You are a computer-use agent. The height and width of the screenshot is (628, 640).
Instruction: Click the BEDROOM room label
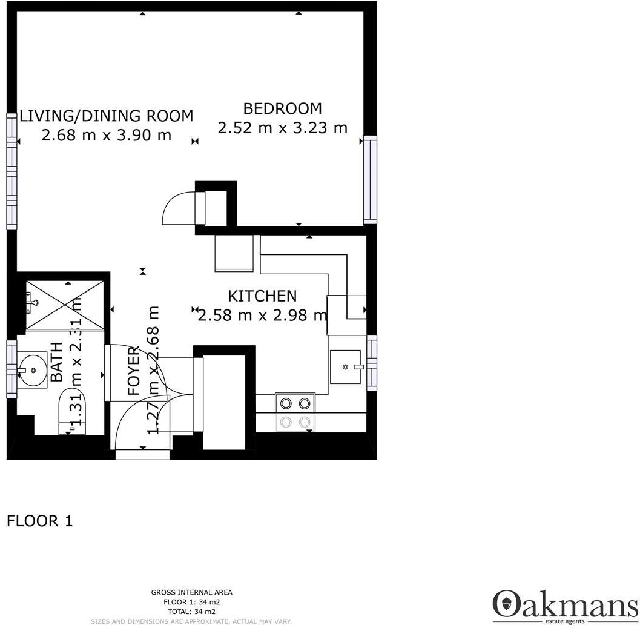(x=282, y=109)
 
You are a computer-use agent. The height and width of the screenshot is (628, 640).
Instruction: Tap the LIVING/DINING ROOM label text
(x=107, y=116)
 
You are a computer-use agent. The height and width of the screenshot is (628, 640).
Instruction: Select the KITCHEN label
(x=262, y=296)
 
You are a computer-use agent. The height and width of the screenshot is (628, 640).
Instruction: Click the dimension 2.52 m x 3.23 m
(x=282, y=128)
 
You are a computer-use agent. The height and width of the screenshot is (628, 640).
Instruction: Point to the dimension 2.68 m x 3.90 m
(x=107, y=135)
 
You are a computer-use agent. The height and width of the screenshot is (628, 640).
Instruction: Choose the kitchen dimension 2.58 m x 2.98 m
(x=262, y=316)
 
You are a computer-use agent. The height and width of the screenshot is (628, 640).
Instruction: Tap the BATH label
(x=56, y=362)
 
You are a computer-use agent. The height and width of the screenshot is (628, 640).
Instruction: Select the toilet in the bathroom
(x=73, y=412)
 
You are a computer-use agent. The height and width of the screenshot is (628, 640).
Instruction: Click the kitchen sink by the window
(x=346, y=366)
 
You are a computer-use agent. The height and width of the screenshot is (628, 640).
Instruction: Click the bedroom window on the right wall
(x=369, y=180)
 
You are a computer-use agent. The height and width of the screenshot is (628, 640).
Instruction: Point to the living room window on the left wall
(x=12, y=171)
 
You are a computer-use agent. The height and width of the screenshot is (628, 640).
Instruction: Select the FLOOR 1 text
(x=40, y=521)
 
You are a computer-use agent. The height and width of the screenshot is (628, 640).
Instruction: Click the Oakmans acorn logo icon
(x=505, y=604)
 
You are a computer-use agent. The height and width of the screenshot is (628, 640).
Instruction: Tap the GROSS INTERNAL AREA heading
(x=191, y=593)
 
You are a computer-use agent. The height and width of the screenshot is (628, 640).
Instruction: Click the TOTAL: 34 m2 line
(x=191, y=612)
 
